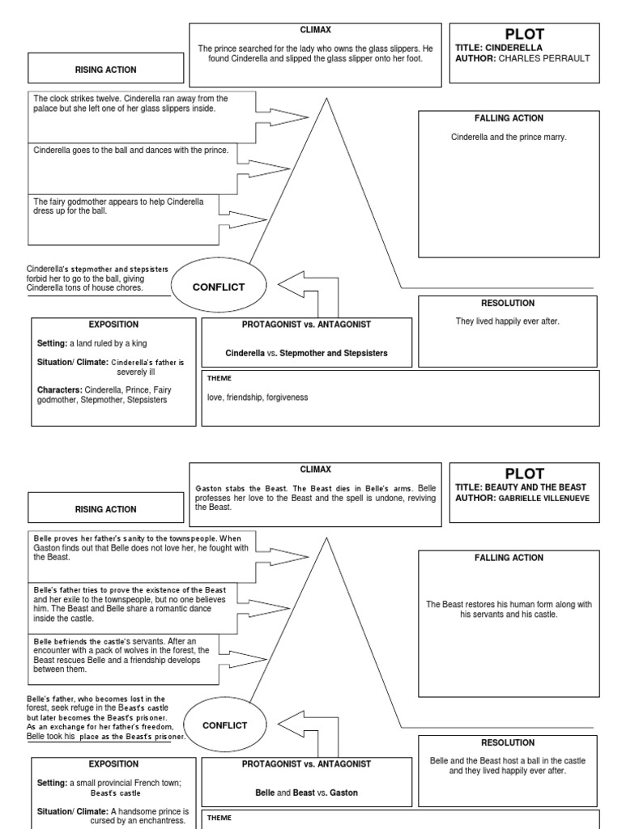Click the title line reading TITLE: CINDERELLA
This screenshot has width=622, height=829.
tap(499, 48)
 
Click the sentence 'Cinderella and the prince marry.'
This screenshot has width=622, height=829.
tap(508, 137)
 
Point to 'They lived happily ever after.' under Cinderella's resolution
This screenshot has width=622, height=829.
tap(507, 321)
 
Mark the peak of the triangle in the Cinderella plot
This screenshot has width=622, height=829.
tap(326, 99)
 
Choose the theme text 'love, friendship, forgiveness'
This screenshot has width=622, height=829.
tap(258, 397)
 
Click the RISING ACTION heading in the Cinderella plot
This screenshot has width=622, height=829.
tap(106, 70)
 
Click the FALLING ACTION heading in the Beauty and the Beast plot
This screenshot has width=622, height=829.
tap(508, 558)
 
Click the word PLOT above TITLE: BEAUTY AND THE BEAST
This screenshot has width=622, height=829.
tap(525, 474)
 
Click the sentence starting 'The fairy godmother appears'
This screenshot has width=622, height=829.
tap(118, 206)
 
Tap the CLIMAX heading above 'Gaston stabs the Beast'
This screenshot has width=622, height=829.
tap(315, 470)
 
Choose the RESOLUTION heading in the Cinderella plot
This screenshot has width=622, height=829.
tap(508, 303)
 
